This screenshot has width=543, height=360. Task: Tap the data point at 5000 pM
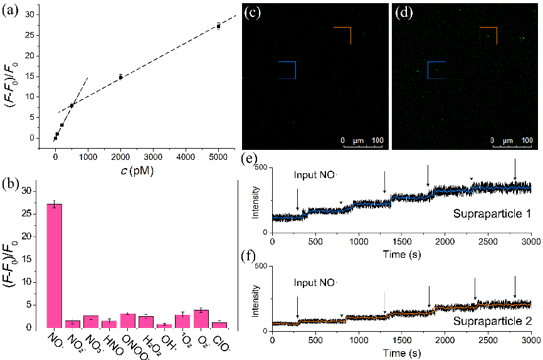click(x=218, y=26)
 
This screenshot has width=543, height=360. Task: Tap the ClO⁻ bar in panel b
click(x=219, y=324)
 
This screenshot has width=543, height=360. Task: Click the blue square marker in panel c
click(x=286, y=70)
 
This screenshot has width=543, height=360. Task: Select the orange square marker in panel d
click(x=488, y=36)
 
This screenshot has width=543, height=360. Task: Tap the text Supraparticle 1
click(x=493, y=214)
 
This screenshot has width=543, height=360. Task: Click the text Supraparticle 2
click(x=493, y=321)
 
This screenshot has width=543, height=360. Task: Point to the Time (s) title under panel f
click(x=401, y=354)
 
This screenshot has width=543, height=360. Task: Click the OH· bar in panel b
click(x=164, y=326)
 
